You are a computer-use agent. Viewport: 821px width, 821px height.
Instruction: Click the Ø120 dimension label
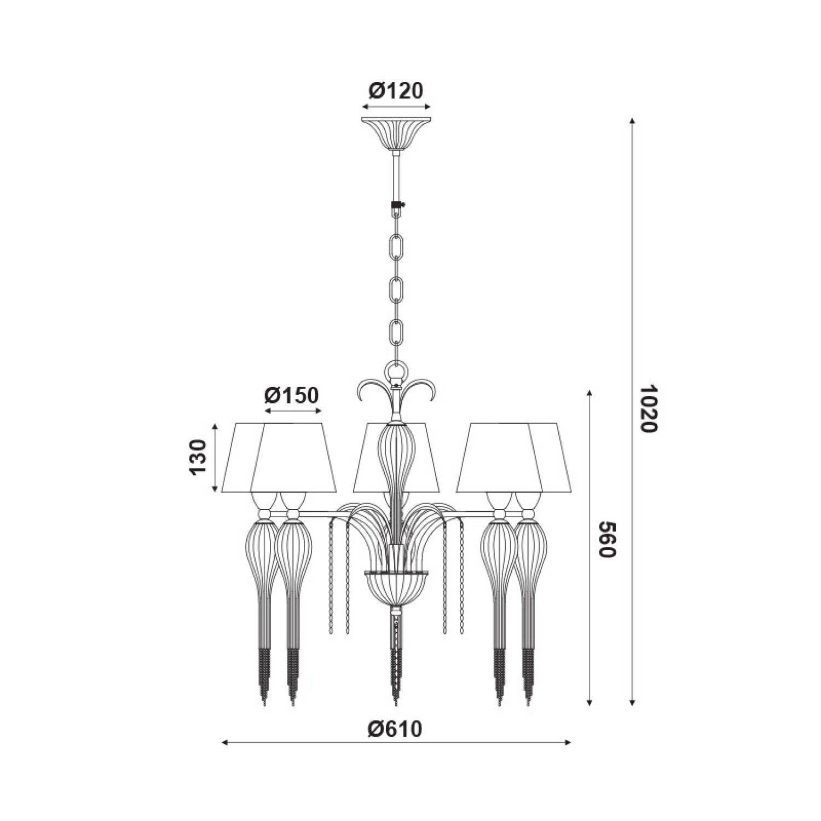(396, 91)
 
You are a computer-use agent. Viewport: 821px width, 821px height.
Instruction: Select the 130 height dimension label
(198, 457)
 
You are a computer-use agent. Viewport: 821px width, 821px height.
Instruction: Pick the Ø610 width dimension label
(396, 729)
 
